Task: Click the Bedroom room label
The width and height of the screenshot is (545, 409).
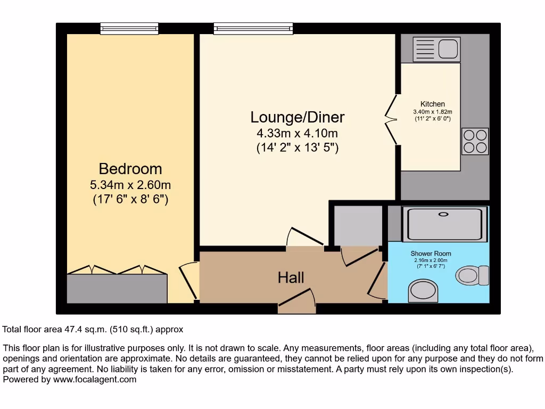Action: (x=130, y=169)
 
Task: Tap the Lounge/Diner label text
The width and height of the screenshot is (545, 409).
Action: (x=298, y=117)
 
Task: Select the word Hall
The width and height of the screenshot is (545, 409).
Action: (x=291, y=277)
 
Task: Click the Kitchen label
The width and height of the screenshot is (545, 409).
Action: (x=432, y=104)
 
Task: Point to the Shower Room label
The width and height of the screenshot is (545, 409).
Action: (x=431, y=253)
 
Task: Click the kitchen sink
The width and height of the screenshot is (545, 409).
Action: (x=436, y=50)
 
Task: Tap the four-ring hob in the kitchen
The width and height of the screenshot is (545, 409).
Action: (x=475, y=141)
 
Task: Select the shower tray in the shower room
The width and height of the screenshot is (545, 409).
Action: (x=446, y=224)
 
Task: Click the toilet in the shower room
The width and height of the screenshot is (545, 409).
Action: (x=473, y=275)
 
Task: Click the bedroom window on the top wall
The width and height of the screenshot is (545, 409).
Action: (x=129, y=28)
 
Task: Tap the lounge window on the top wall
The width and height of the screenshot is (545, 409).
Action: (x=253, y=28)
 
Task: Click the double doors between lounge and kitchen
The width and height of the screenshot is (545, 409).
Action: (x=391, y=120)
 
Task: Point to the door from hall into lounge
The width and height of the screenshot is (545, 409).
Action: (x=304, y=238)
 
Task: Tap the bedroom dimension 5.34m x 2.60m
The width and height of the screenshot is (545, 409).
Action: (x=130, y=185)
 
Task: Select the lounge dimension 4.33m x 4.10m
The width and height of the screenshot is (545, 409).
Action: (x=298, y=133)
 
